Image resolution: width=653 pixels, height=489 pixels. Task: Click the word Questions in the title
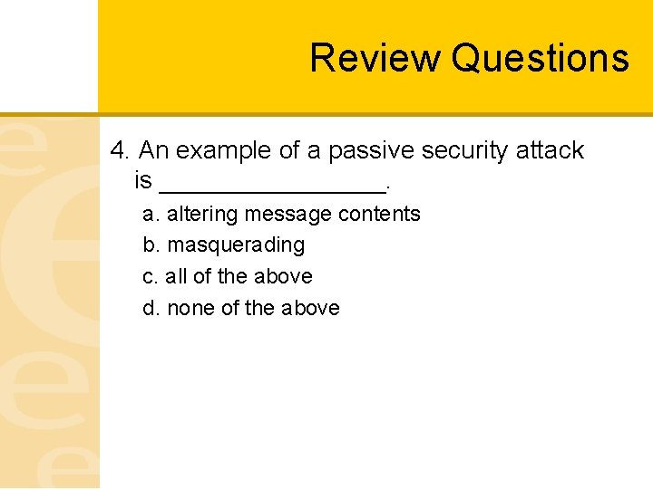point(540,58)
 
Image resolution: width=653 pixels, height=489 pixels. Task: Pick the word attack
point(550,150)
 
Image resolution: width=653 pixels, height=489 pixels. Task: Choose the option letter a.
point(150,215)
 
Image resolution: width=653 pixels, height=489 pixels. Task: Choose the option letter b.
point(150,245)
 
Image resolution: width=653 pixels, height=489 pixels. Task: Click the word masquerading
point(236,245)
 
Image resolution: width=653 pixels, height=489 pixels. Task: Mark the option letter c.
point(150,277)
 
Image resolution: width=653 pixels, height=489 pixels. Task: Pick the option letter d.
point(150,309)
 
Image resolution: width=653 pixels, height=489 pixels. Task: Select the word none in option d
point(190,309)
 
